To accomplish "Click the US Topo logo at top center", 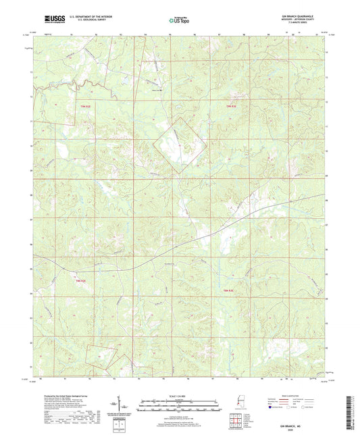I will (x=179, y=20).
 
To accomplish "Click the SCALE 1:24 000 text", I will (x=179, y=395).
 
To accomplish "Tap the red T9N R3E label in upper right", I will (x=232, y=106).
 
